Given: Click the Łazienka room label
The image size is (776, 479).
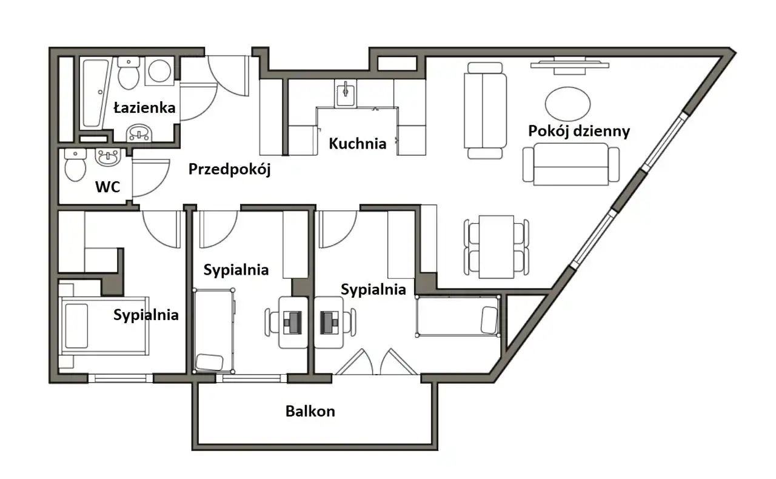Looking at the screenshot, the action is (144, 108).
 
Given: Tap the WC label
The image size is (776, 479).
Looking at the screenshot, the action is (108, 187).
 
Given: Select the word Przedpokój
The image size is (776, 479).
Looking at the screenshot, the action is (229, 170).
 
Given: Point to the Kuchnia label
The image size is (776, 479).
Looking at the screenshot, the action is (358, 144).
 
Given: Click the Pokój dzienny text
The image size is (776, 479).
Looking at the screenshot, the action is (579, 132).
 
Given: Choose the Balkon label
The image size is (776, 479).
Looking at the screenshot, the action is (310, 412).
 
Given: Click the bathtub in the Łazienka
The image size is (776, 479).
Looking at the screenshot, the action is (95, 93).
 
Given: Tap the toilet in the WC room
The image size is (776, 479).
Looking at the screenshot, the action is (75, 166).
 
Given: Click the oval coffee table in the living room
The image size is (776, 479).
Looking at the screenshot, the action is (568, 104).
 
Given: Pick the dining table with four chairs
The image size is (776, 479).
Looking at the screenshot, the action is (497, 247).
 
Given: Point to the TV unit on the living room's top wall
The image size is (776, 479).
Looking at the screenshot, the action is (570, 66).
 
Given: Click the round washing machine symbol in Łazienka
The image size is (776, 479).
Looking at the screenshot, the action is (159, 71).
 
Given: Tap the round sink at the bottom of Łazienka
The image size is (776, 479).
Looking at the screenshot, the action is (139, 133).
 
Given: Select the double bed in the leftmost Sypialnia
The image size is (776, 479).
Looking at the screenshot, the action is (104, 326).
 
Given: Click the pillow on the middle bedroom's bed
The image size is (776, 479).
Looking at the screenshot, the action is (209, 363).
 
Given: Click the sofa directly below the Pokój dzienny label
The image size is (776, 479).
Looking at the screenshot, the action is (571, 164).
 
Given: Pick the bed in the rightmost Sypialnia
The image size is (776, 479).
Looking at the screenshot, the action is (458, 316).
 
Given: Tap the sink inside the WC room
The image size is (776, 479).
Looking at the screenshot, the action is (108, 158).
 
